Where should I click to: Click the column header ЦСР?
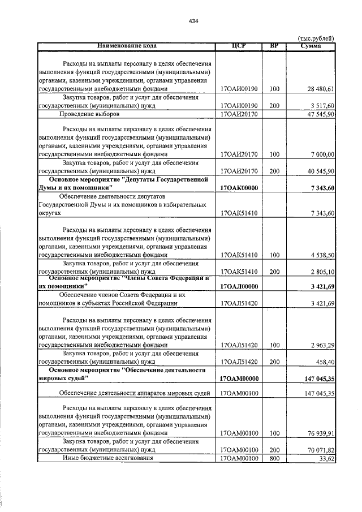[238, 46]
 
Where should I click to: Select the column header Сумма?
[311, 46]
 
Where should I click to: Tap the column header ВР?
[274, 46]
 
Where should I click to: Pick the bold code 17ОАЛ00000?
[238, 287]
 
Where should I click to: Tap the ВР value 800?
[274, 459]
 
